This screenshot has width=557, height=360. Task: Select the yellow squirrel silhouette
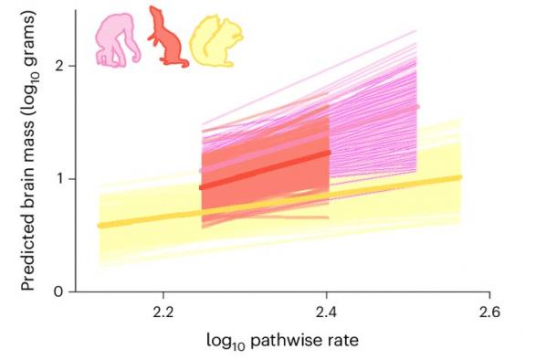214,42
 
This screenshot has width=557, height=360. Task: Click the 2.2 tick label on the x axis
163,311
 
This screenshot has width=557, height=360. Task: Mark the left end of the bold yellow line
100,225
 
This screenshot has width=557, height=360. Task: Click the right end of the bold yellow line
460,177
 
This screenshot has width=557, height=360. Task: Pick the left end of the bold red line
201,188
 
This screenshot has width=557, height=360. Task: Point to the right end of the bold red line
329,153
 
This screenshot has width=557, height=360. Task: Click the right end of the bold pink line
417,107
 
